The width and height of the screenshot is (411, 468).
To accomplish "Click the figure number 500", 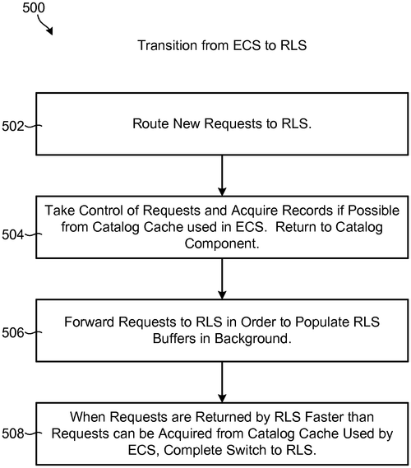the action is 34,7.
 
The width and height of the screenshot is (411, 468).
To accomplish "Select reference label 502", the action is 12,126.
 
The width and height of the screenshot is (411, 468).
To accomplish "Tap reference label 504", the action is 12,234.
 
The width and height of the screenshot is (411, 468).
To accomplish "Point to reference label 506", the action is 12,332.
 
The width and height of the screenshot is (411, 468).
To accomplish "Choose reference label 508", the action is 12,433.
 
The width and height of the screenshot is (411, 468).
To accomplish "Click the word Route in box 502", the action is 150,123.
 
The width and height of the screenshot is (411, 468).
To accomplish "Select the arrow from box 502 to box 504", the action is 222,175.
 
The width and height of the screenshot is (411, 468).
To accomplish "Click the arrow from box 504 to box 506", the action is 222,279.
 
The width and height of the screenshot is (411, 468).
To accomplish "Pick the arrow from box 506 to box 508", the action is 222,382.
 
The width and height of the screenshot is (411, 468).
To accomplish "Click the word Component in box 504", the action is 222,243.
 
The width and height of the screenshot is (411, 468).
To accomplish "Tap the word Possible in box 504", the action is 374,211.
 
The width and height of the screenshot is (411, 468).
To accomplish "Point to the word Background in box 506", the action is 253,339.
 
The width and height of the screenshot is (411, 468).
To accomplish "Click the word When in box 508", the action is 88,417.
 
